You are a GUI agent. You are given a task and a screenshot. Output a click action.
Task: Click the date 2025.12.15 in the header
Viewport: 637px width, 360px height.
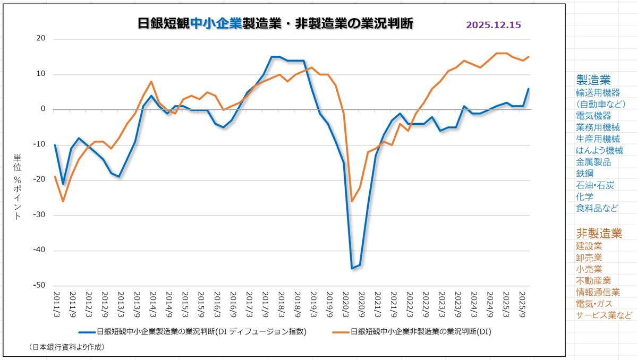tap(493, 25)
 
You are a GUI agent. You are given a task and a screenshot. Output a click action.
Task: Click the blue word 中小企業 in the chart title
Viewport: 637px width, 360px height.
tap(215, 24)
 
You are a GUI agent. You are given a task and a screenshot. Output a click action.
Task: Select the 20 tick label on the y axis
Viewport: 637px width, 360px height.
tap(41, 39)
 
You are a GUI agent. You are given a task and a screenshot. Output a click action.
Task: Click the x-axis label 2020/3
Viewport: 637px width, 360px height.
tap(345, 302)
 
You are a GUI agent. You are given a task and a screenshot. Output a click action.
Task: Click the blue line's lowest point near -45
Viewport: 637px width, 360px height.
tap(352, 268)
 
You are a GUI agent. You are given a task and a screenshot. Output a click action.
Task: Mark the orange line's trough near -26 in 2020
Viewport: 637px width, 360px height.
tap(352, 201)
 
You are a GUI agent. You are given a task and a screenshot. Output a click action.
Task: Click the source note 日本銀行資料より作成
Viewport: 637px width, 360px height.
tap(67, 347)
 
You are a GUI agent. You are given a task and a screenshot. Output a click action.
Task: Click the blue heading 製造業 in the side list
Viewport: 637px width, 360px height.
tap(593, 80)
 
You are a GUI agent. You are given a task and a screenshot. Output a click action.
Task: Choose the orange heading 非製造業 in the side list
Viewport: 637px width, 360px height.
tap(599, 233)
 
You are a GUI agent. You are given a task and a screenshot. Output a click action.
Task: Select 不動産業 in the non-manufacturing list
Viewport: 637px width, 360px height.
tap(593, 280)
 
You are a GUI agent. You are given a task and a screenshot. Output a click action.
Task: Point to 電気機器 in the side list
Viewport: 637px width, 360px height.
tap(593, 115)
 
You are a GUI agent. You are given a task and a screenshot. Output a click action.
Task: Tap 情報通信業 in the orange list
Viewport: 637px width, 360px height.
tap(598, 292)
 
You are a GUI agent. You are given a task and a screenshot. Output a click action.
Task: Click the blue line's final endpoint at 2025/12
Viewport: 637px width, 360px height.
tap(529, 89)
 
